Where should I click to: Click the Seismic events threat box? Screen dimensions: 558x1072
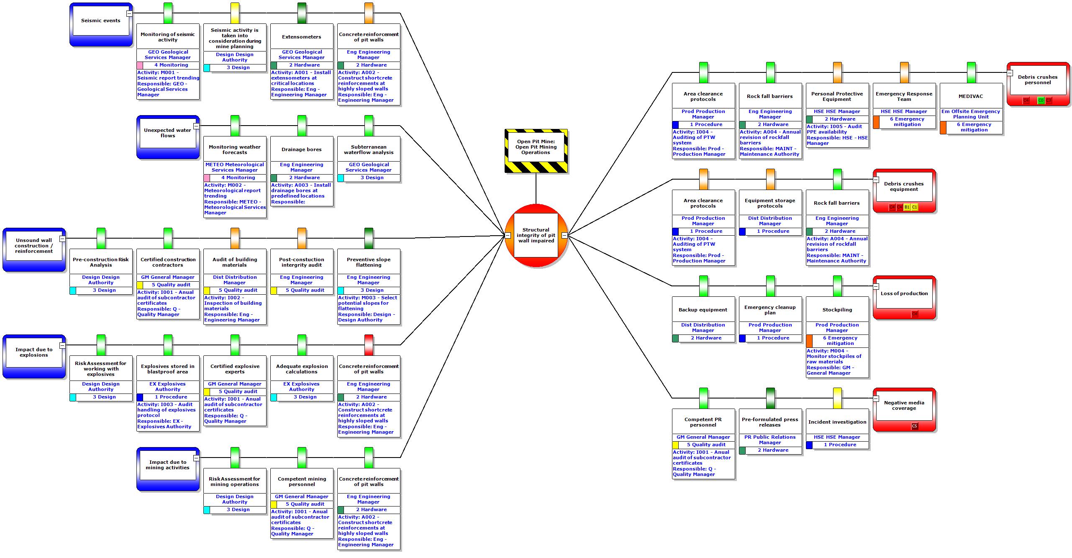click(101, 21)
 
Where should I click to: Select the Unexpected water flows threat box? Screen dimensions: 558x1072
click(168, 133)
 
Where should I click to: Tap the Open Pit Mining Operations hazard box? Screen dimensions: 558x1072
click(536, 147)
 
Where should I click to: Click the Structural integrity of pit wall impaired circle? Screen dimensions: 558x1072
click(536, 235)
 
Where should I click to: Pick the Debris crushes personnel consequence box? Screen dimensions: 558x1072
click(1038, 80)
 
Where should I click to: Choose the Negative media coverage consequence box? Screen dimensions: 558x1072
click(904, 406)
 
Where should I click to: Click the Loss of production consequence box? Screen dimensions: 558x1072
click(904, 293)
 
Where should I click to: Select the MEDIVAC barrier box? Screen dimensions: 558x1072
click(971, 96)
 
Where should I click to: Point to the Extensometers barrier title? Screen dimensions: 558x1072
click(302, 37)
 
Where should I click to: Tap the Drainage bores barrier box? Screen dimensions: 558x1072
click(302, 149)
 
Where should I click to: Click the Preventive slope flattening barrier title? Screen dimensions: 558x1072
click(369, 262)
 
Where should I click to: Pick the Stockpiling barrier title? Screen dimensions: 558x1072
click(837, 310)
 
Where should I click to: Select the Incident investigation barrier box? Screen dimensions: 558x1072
click(837, 422)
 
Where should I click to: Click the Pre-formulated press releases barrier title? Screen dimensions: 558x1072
click(770, 422)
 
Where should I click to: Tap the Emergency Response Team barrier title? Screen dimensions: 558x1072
click(904, 96)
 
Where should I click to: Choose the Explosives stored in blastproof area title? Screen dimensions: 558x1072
click(168, 369)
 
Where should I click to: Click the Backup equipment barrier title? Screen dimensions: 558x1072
click(703, 310)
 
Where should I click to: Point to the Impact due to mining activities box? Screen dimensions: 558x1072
click(168, 465)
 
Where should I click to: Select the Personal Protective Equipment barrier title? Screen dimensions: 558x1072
click(837, 96)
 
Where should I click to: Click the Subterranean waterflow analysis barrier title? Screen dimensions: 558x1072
click(369, 149)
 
